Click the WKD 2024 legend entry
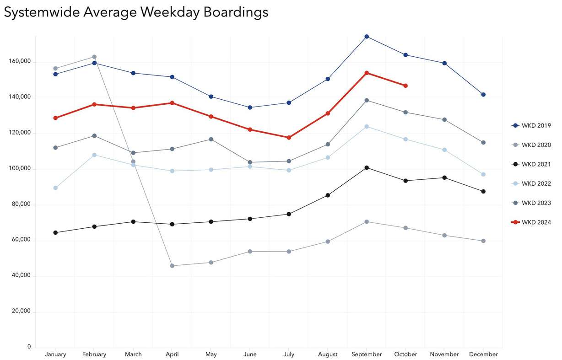531,222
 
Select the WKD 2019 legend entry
531,125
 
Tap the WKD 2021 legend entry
531,164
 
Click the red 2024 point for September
367,73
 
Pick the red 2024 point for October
405,86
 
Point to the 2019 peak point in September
367,37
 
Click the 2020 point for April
172,266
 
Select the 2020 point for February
94,57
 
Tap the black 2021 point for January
55,233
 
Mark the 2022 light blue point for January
55,188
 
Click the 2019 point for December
483,95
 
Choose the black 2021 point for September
367,168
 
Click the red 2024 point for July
289,138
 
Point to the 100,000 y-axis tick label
20,169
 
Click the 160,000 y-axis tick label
20,61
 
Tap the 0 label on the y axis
29,347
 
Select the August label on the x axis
328,355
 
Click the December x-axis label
483,355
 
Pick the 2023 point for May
211,139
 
